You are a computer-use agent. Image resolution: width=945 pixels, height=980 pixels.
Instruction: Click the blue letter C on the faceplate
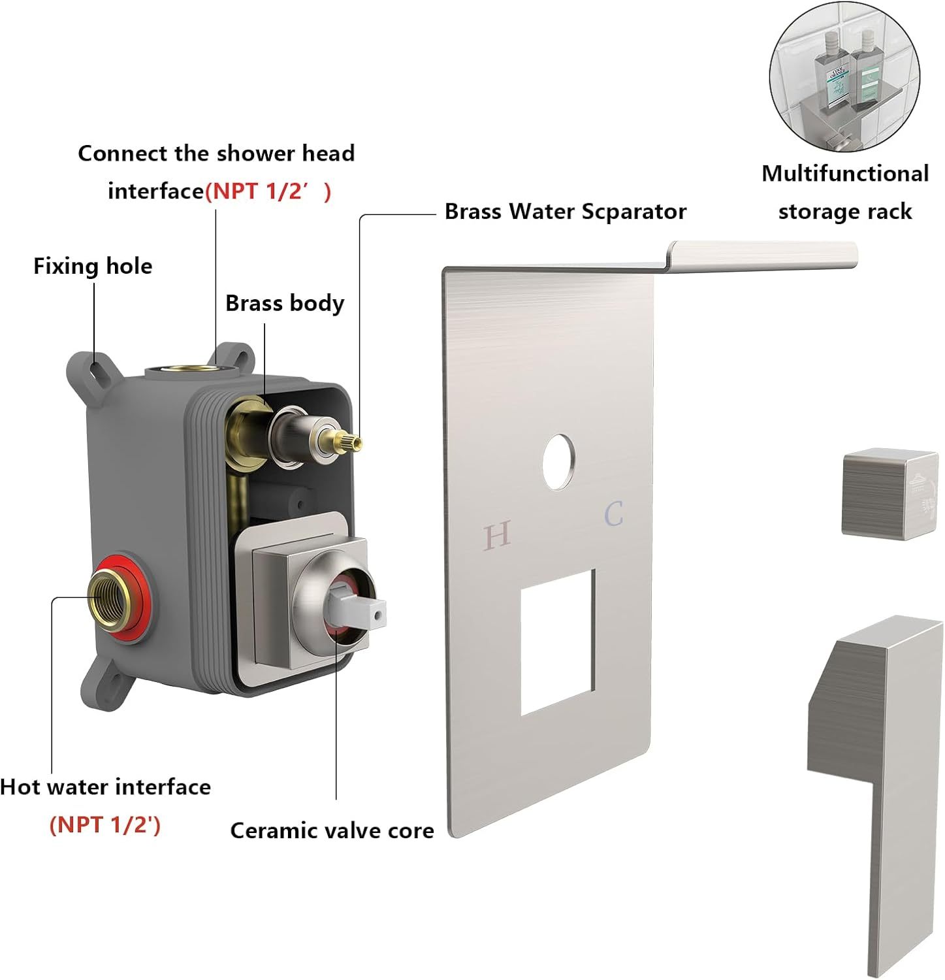pos(613,514)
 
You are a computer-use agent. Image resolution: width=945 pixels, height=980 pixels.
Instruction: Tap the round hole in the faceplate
pos(559,461)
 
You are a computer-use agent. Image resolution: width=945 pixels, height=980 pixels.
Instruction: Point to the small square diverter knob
pos(889,493)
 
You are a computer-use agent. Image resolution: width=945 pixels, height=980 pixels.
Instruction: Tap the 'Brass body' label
pos(284,303)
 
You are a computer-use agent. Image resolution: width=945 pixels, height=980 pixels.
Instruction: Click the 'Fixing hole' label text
pos(93,266)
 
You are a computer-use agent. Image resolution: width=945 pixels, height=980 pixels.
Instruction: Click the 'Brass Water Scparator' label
pos(565,211)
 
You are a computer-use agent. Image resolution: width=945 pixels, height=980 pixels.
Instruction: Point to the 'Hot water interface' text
pos(106,787)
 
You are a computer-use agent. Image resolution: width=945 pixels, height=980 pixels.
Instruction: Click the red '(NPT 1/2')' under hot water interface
pos(104,825)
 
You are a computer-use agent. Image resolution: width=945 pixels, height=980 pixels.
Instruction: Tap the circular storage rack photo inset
pos(844,77)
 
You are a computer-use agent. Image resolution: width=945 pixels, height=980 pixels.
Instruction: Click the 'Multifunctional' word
pos(844,173)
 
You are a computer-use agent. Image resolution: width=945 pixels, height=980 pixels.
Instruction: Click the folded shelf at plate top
pos(761,254)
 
